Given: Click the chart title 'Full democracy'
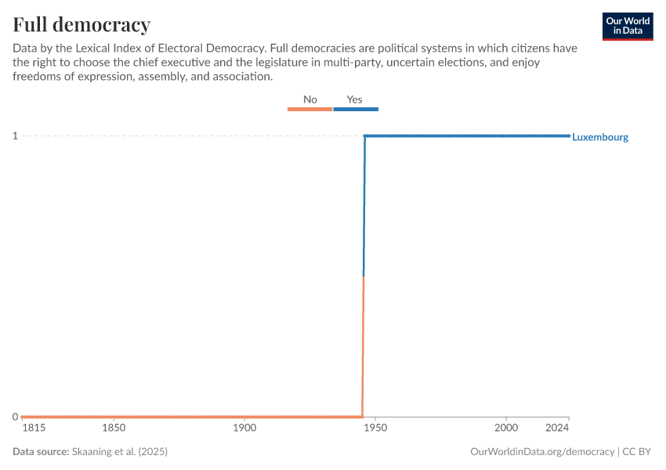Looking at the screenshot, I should click(81, 23).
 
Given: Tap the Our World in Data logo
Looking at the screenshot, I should click(628, 26).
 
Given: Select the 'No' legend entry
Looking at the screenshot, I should click(310, 100).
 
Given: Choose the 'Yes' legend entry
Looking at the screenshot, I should click(355, 100).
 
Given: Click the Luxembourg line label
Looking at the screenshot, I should click(600, 137).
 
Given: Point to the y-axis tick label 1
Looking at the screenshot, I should click(14, 136).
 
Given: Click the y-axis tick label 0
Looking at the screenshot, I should click(14, 417).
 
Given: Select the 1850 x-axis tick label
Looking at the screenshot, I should click(114, 428).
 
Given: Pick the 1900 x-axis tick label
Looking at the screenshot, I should click(244, 428).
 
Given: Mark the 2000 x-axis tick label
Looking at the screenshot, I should click(506, 428).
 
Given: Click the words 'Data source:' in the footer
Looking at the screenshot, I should click(41, 452).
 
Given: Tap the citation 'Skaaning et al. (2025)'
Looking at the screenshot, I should click(120, 452).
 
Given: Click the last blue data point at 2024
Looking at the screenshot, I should click(569, 136).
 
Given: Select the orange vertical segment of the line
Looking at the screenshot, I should click(363, 345).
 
